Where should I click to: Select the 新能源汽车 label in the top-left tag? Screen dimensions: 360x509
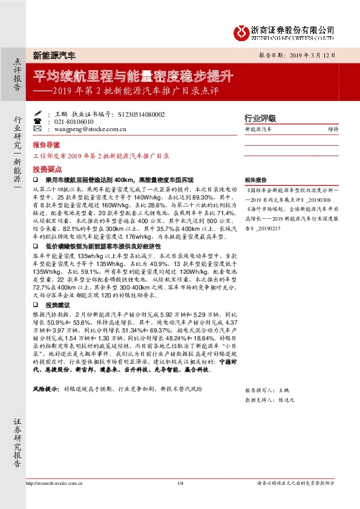[54, 56]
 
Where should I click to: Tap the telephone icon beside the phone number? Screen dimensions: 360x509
[38, 121]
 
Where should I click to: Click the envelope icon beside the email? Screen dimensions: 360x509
[38, 129]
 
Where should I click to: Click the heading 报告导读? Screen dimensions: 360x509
[46, 146]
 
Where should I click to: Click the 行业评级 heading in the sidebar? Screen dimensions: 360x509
[260, 118]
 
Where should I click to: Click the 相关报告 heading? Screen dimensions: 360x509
[255, 180]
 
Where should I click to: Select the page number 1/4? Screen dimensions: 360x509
[180, 483]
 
